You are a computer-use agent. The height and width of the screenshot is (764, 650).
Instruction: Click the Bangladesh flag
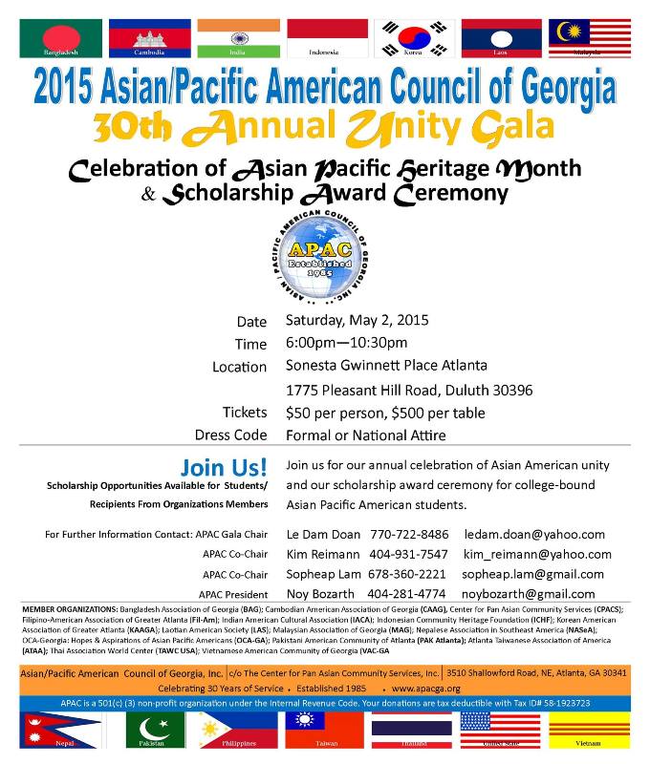pos(60,37)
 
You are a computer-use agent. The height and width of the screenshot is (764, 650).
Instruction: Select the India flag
pos(238,37)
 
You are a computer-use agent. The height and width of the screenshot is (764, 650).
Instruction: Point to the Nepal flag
pos(60,731)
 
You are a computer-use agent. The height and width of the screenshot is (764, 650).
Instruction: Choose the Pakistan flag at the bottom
pos(149,731)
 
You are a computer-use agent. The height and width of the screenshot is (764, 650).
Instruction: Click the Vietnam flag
pos(589,731)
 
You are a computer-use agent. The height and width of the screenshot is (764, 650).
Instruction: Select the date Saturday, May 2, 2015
pos(357,320)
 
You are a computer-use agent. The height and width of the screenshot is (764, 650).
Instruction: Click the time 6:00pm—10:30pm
pos(346,343)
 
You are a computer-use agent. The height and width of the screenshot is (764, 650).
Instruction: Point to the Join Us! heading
pos(224,468)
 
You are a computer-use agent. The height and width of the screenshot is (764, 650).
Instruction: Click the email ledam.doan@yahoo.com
pos(534,535)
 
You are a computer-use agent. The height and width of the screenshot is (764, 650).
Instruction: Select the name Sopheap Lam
pos(322,574)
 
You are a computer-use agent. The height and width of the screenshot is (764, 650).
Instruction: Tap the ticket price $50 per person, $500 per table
pos(385,414)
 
